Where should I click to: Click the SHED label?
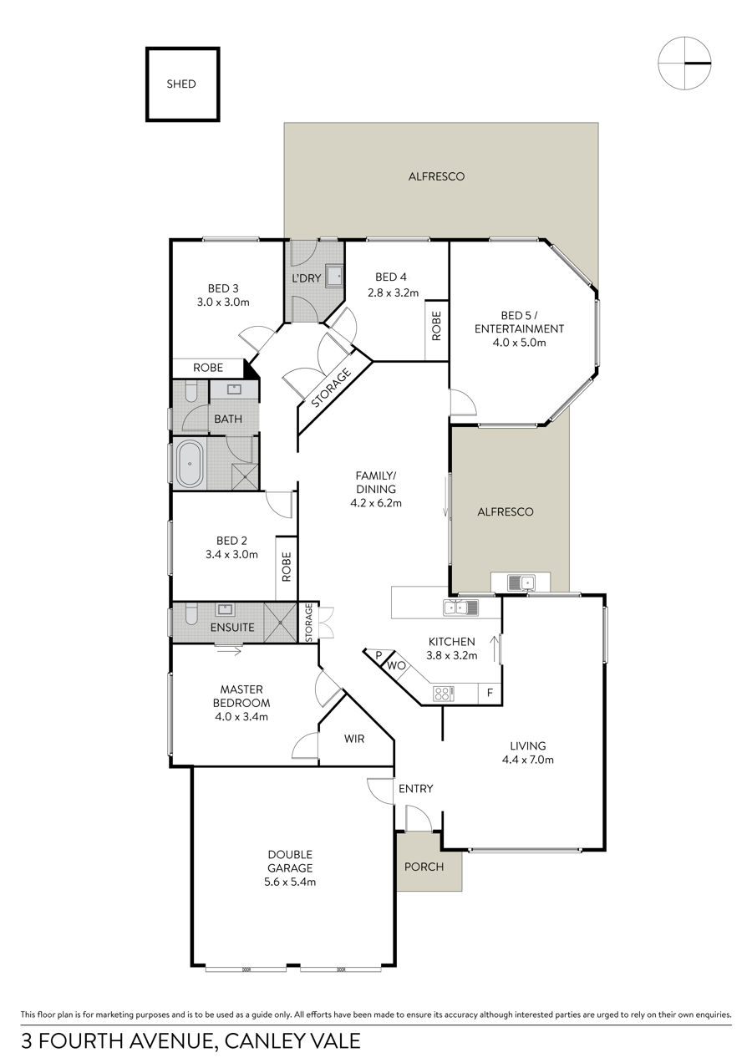181,84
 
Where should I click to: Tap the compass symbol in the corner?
684,63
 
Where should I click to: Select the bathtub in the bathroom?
190,463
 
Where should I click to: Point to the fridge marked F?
490,693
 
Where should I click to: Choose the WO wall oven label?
396,665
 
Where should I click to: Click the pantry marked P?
379,655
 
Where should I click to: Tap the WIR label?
354,739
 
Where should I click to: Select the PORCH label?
424,867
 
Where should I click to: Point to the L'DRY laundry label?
306,278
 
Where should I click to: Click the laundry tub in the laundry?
334,276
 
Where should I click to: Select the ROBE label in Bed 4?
436,326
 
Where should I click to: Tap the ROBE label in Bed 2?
286,567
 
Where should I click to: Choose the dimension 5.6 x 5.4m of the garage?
290,882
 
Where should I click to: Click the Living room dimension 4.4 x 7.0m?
527,760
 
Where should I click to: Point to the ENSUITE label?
232,627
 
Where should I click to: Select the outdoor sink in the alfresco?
521,582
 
